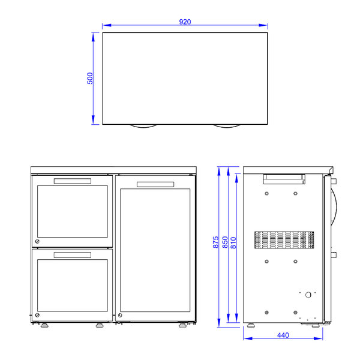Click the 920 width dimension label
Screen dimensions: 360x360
tap(185, 22)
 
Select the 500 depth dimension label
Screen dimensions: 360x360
tap(90, 79)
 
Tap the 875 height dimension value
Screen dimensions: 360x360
tap(215, 242)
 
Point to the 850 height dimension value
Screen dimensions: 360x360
tap(225, 242)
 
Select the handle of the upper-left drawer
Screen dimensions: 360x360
tap(72, 181)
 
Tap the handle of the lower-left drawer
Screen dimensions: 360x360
tap(72, 255)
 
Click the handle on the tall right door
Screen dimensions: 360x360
tap(155, 184)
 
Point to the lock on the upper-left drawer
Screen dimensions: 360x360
tap(37, 241)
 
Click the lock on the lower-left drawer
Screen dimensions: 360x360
tap(37, 316)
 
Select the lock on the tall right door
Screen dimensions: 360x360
tap(119, 316)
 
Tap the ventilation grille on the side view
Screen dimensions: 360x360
tap(284, 240)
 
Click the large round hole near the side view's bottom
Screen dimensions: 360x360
tap(308, 295)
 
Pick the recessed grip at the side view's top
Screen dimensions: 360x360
tap(284, 178)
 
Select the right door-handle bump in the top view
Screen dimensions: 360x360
tap(227, 126)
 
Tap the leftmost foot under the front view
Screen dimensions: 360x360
tap(44, 327)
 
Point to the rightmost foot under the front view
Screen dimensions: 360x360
tap(182, 327)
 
